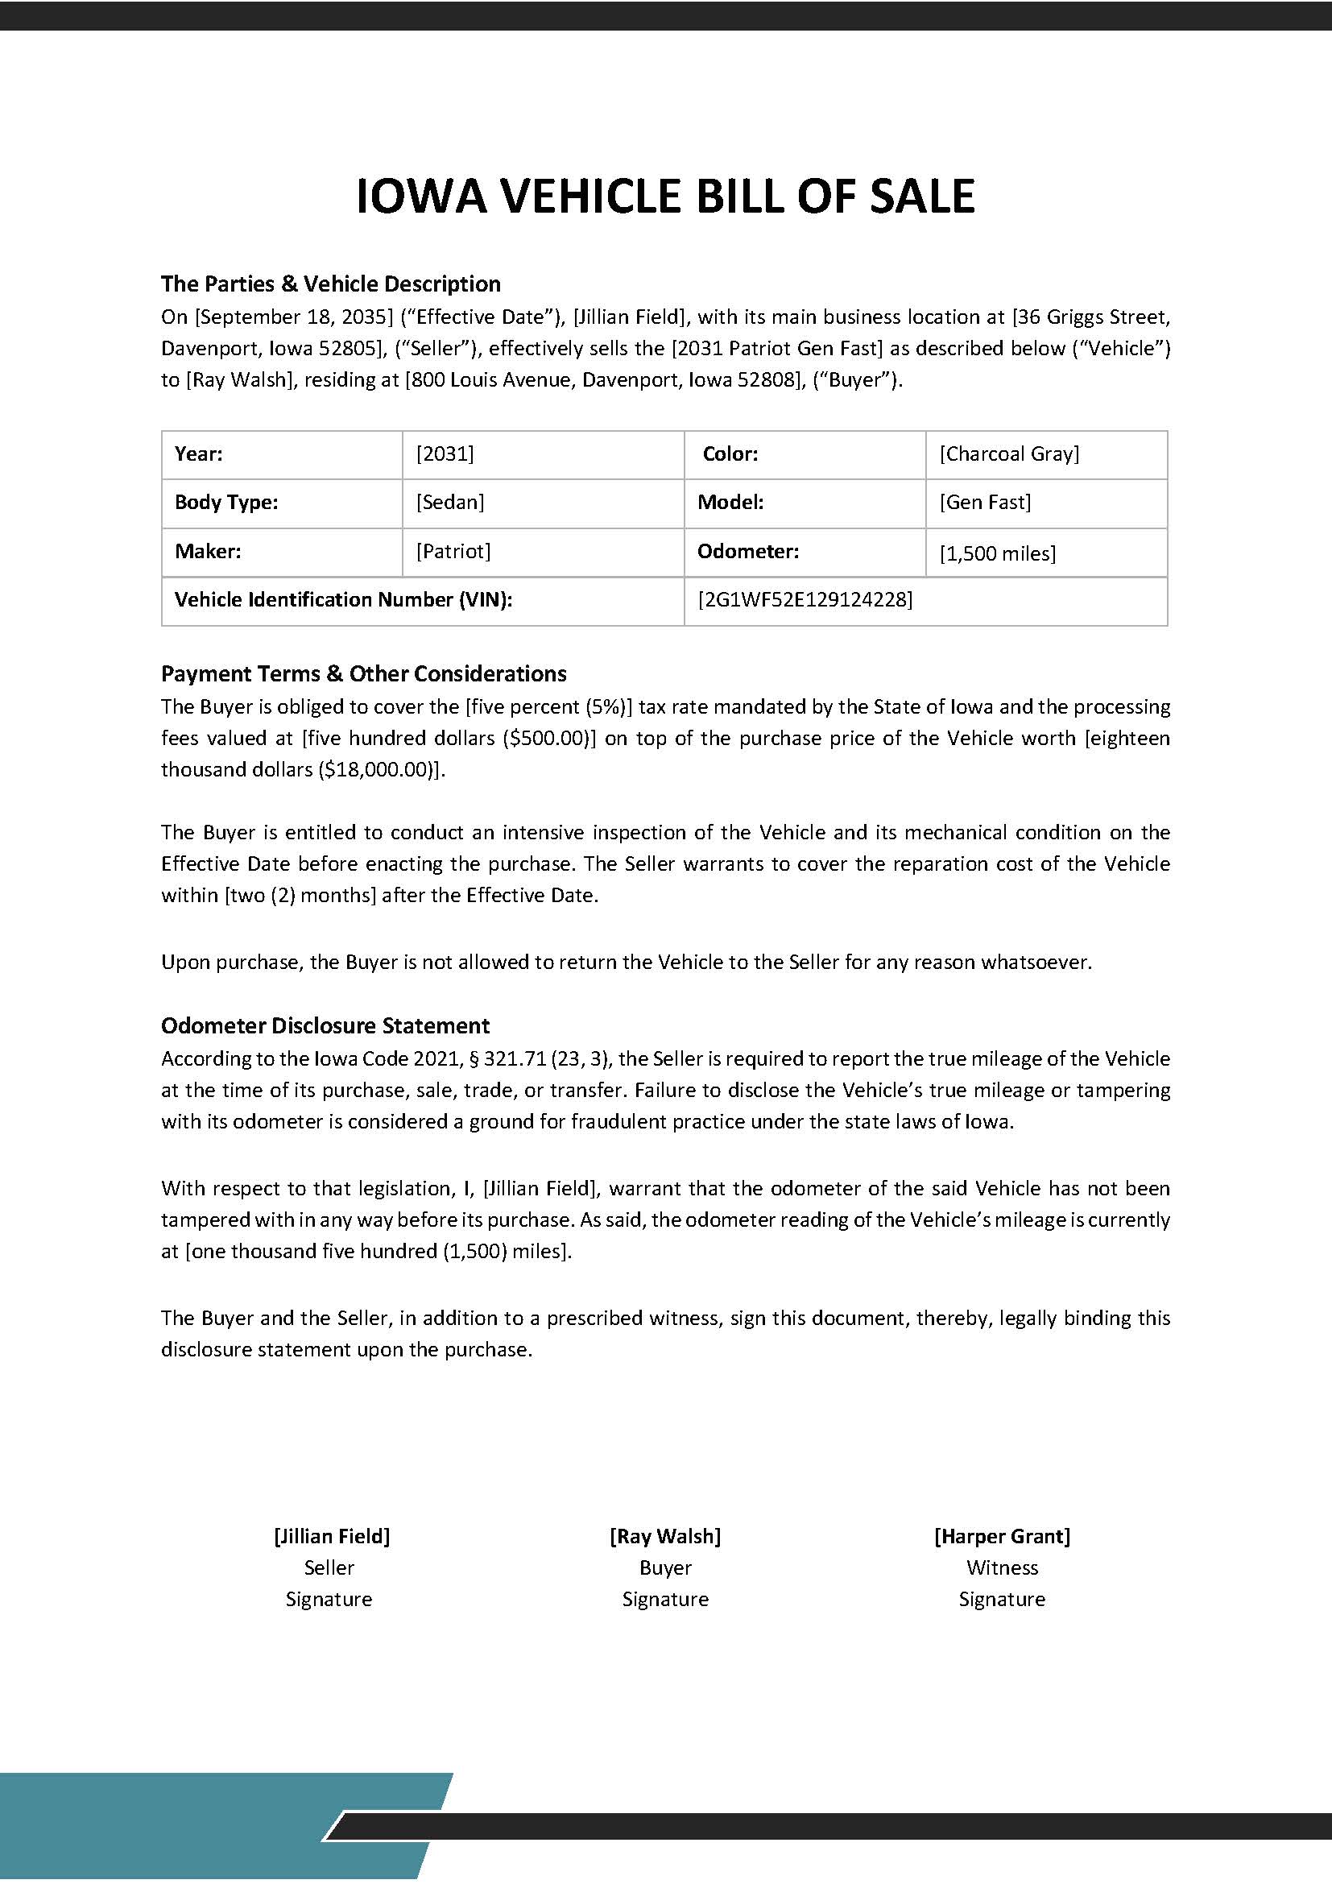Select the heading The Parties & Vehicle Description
click(330, 284)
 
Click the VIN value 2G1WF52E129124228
click(805, 600)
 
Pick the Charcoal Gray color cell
click(1009, 453)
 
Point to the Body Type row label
click(226, 502)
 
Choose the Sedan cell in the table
click(449, 502)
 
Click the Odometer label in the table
click(747, 552)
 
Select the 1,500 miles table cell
click(997, 553)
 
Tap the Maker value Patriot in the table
click(453, 552)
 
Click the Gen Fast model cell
click(985, 502)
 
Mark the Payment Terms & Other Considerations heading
click(363, 673)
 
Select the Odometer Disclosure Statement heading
click(325, 1025)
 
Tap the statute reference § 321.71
click(504, 1058)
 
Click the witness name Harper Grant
click(1002, 1536)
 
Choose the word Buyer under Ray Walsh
click(665, 1567)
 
